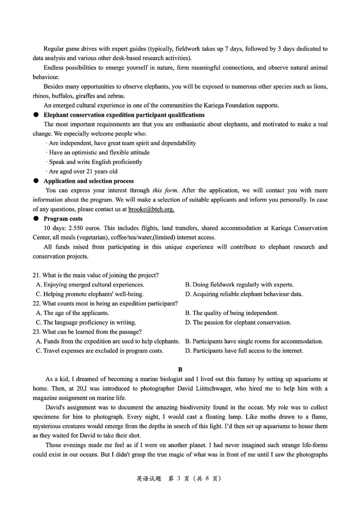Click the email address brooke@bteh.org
(x=151, y=209)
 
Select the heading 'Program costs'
(x=63, y=219)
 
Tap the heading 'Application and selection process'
(x=88, y=181)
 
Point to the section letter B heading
(x=180, y=369)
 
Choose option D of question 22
(x=238, y=322)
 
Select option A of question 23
(x=108, y=341)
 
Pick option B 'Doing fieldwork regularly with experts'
(x=239, y=285)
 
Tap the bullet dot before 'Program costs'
(x=36, y=219)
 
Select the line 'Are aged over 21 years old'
(x=83, y=172)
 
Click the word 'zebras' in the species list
(x=116, y=96)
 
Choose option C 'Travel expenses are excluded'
(x=100, y=351)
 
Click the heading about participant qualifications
(x=124, y=115)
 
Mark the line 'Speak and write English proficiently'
(x=95, y=162)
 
